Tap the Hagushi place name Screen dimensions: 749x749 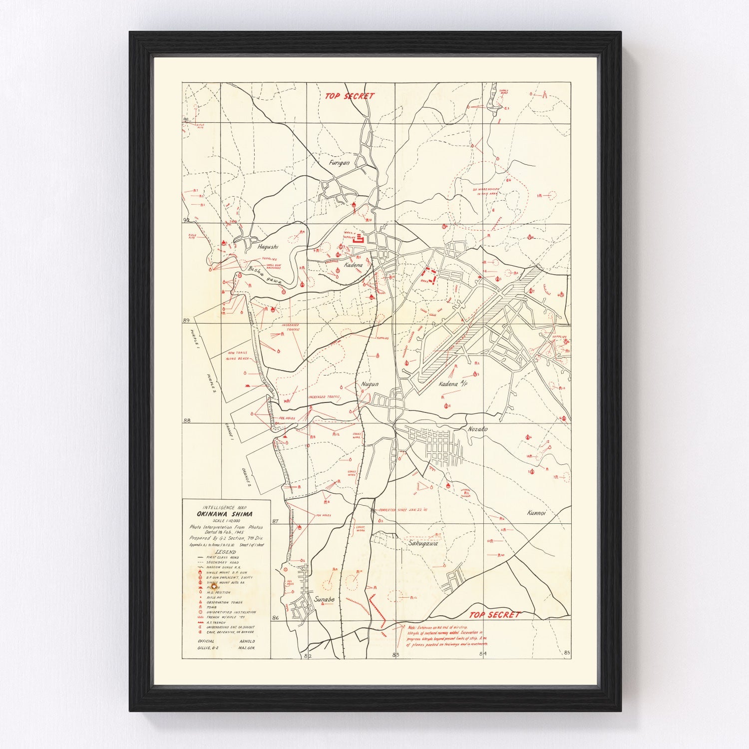click(267, 247)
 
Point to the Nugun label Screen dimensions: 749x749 click(370, 384)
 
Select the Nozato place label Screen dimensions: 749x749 click(477, 429)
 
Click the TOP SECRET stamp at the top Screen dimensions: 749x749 click(350, 96)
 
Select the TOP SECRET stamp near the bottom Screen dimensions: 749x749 click(495, 615)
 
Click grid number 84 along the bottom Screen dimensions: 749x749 click(482, 654)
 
